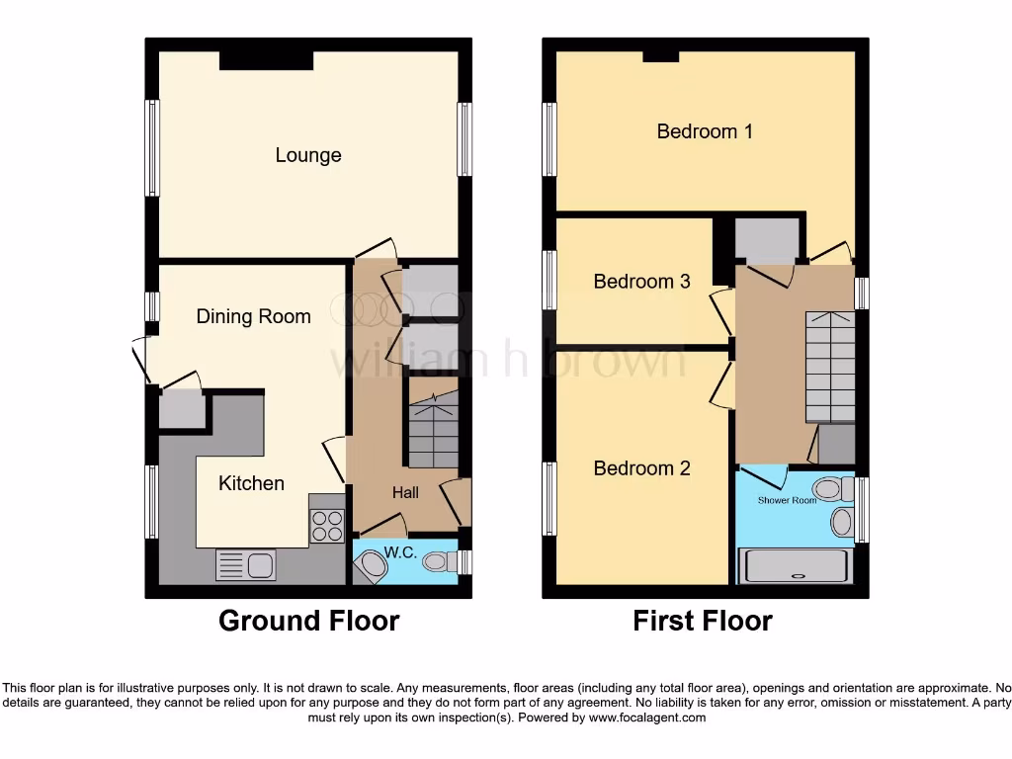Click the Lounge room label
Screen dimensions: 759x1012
[308, 155]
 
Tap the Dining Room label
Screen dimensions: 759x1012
[253, 316]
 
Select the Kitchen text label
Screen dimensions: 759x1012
[251, 483]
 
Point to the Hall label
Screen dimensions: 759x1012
[405, 492]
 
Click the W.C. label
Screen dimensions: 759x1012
[401, 552]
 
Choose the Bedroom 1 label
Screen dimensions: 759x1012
[705, 130]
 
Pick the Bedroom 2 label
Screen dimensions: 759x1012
[641, 468]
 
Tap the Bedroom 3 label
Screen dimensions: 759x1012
[641, 282]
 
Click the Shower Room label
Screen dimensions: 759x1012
[787, 500]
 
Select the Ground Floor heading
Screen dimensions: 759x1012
[308, 621]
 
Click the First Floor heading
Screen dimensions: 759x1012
[703, 621]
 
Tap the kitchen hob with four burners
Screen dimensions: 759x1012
[327, 525]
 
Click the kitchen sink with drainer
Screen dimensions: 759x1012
[246, 565]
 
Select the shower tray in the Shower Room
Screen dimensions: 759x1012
[796, 566]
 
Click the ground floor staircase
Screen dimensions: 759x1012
[433, 431]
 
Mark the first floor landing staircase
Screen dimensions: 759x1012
[830, 366]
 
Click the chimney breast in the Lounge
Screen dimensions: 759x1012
[266, 60]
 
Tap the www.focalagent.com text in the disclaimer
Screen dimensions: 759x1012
[646, 717]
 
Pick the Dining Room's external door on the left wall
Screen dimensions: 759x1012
[140, 360]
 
